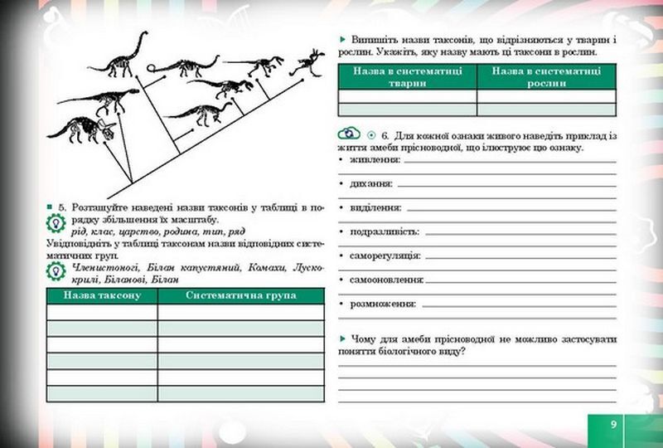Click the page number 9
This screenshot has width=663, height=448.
(613, 424)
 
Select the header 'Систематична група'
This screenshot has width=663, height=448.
(240, 295)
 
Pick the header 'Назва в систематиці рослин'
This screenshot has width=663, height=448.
(546, 76)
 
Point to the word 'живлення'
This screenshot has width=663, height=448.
(375, 160)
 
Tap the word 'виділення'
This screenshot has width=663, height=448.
(375, 207)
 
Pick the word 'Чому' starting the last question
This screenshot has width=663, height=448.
(365, 339)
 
